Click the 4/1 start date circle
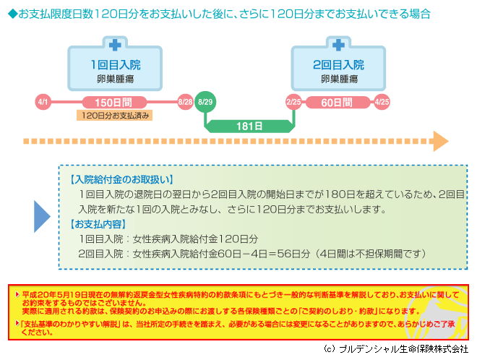tap(43, 102)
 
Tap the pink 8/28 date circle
tap(185, 102)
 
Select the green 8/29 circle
tap(205, 102)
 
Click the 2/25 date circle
tap(293, 102)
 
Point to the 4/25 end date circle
tap(382, 102)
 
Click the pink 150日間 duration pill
tap(114, 103)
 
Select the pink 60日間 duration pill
tap(338, 103)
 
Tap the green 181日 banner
tap(249, 127)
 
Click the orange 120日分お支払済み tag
tap(114, 116)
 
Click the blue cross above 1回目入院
tap(115, 45)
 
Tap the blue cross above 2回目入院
tap(338, 45)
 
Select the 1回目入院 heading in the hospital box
tap(116, 65)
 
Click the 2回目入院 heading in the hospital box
tap(338, 65)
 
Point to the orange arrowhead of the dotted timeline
tap(440, 141)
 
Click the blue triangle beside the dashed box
tap(42, 216)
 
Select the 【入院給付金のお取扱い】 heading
tap(121, 179)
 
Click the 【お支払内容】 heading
tap(98, 224)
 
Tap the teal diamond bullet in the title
tap(13, 14)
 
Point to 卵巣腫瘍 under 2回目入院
tap(339, 79)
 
